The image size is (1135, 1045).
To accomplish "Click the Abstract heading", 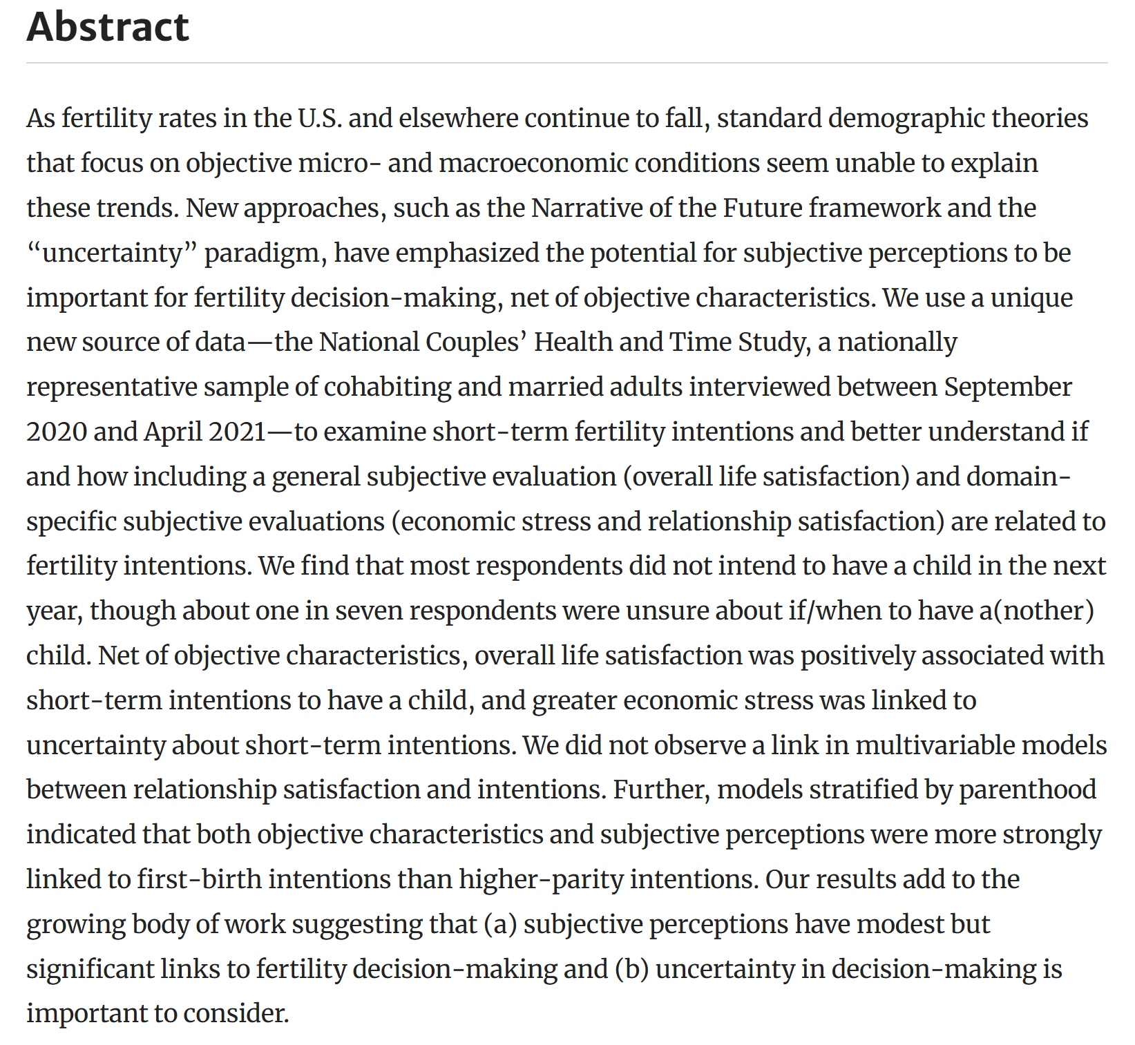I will click(x=108, y=28).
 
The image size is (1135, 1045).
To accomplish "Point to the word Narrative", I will click(x=586, y=209).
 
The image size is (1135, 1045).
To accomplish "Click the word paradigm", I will click(x=265, y=254).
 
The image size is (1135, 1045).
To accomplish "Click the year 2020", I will click(x=56, y=432).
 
